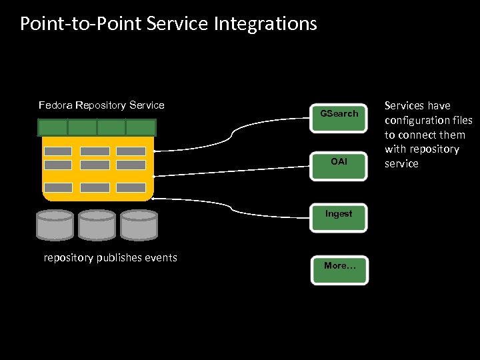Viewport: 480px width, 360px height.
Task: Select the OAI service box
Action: point(339,163)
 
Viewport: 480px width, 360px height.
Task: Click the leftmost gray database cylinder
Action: point(55,225)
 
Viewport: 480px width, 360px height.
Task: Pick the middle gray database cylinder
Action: point(97,225)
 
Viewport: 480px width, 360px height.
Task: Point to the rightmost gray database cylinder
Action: point(139,225)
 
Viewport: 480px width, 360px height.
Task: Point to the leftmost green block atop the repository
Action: point(53,127)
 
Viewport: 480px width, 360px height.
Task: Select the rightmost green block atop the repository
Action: point(141,127)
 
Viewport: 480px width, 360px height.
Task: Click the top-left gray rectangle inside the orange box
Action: point(57,151)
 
